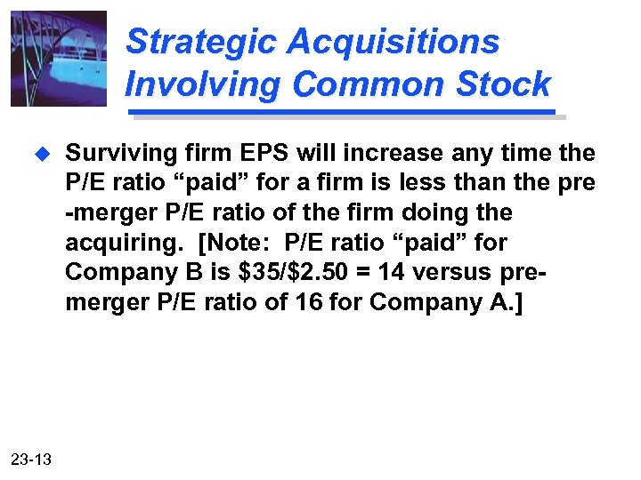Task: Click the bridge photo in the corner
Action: click(x=59, y=59)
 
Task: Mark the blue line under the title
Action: click(x=342, y=113)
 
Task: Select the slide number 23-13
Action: click(x=31, y=459)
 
